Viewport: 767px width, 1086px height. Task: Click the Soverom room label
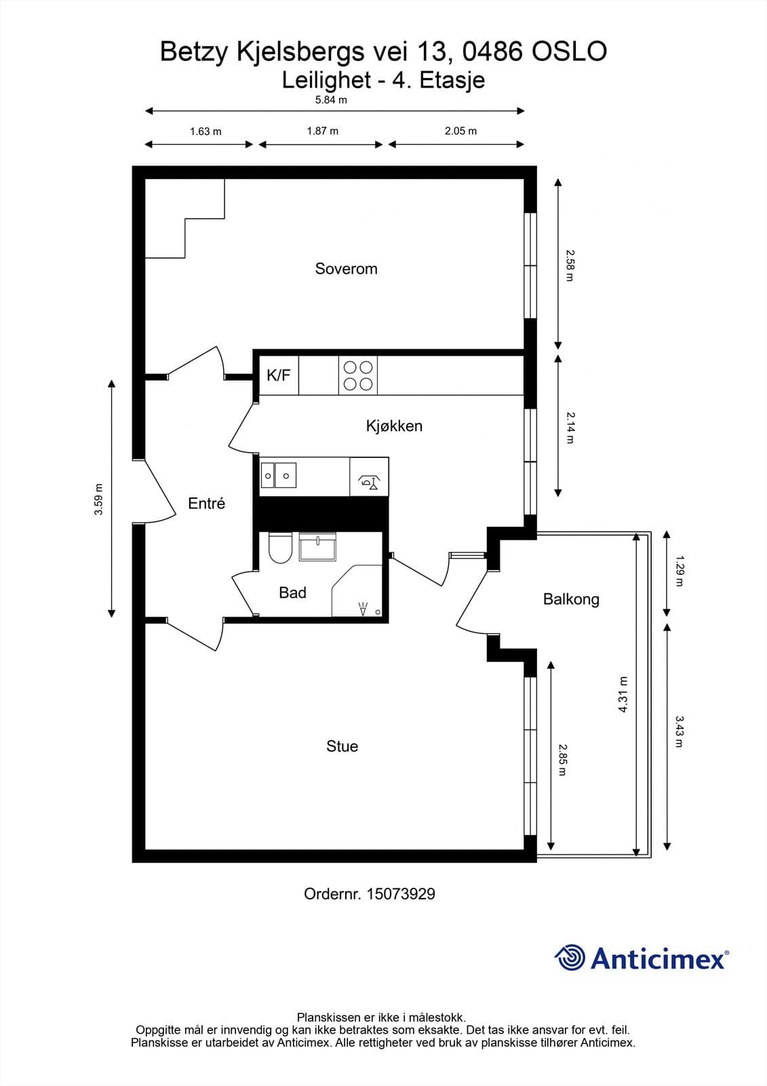click(x=346, y=269)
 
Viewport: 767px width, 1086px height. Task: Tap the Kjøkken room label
click(x=394, y=426)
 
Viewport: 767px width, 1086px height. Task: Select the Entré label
click(x=206, y=504)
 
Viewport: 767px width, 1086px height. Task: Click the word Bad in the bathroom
click(x=292, y=593)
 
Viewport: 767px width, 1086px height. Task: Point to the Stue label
click(x=342, y=746)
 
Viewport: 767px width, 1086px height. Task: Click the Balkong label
click(x=571, y=599)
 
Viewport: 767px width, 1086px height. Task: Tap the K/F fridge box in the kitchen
click(x=279, y=375)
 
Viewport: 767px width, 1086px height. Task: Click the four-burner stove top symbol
click(x=358, y=375)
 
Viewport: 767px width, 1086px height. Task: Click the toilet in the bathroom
click(x=279, y=548)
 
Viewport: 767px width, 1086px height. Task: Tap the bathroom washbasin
click(x=318, y=547)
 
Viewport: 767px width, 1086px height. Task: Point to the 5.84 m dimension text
click(x=331, y=100)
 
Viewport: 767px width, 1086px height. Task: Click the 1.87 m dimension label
click(x=322, y=130)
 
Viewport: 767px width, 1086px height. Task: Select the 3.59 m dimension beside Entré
click(x=99, y=499)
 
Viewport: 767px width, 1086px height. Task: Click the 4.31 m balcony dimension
click(x=623, y=694)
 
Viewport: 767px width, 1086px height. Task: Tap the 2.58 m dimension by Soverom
click(x=570, y=265)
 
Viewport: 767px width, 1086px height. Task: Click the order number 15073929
click(x=400, y=894)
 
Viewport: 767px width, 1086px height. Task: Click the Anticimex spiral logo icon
click(x=570, y=958)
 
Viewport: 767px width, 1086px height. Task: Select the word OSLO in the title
click(x=569, y=52)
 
